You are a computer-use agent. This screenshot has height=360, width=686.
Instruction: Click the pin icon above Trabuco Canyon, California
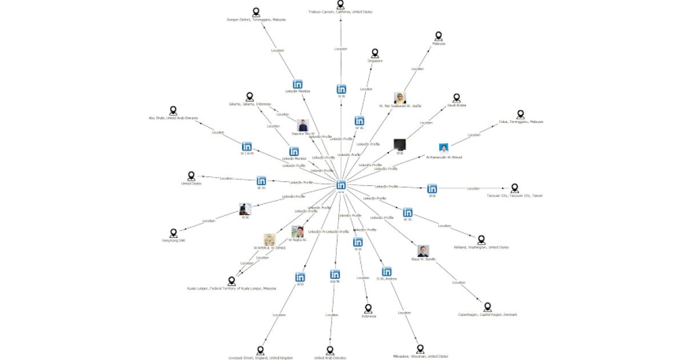click(x=341, y=4)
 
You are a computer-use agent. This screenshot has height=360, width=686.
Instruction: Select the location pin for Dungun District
click(x=256, y=11)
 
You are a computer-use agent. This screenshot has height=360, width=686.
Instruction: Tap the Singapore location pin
click(x=375, y=53)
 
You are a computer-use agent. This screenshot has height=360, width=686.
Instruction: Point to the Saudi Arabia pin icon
click(x=456, y=98)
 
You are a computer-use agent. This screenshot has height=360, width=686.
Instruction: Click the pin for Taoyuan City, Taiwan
click(x=514, y=188)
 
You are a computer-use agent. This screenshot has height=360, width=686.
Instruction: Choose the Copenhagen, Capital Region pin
click(x=488, y=307)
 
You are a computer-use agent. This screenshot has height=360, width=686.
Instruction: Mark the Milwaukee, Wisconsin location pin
click(x=420, y=349)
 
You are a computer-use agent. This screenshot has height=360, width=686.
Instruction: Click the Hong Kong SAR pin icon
click(x=174, y=233)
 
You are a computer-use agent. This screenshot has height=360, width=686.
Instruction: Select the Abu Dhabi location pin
click(x=173, y=110)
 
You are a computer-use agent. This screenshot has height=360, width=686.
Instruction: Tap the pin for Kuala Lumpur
click(x=232, y=281)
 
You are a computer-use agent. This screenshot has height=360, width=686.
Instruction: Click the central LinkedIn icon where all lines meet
click(x=341, y=185)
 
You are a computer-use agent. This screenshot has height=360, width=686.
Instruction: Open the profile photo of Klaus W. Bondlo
click(x=423, y=251)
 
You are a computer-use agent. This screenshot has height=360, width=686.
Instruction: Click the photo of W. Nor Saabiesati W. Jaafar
click(x=400, y=98)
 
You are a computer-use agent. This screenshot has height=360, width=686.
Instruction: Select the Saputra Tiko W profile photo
click(x=303, y=125)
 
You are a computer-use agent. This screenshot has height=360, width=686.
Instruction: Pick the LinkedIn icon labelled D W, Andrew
click(x=387, y=271)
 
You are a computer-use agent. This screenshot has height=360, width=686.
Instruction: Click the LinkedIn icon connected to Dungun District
click(x=297, y=84)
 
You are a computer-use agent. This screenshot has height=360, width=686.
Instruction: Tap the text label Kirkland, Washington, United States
click(x=481, y=247)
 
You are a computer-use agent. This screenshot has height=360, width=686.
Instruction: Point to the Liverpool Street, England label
click(x=260, y=358)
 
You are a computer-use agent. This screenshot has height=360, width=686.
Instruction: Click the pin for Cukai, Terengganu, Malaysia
click(x=520, y=114)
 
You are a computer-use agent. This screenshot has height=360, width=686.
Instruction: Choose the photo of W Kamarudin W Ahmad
click(x=444, y=149)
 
